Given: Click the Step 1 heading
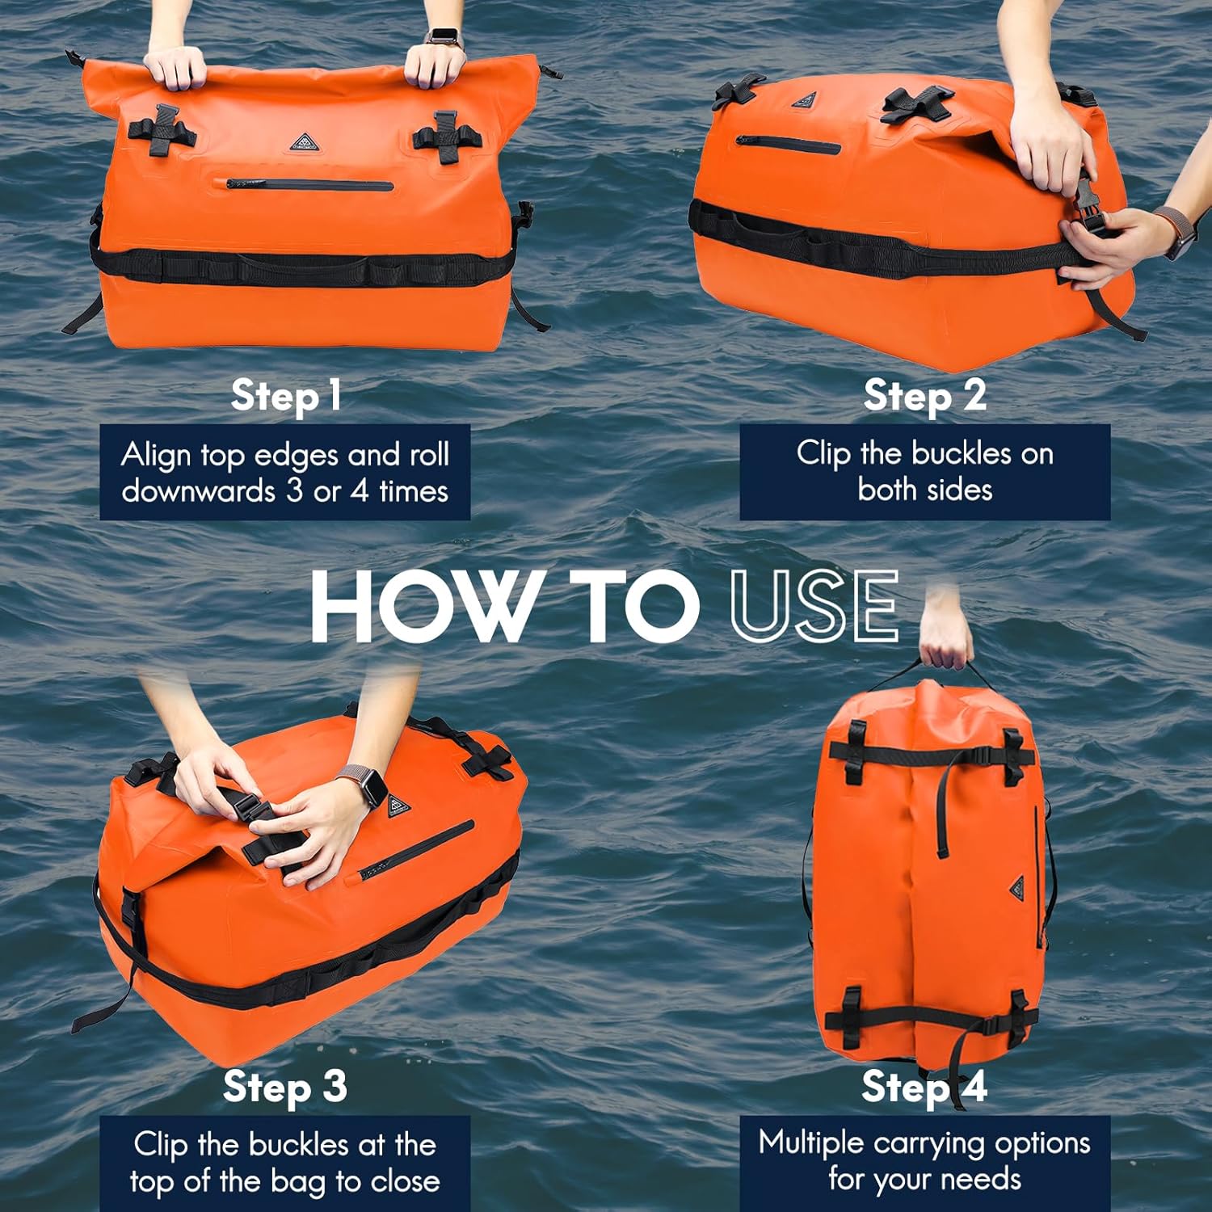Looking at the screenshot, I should tap(286, 396).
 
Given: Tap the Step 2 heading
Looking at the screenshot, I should tap(924, 396).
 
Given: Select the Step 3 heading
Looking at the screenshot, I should tap(285, 1087).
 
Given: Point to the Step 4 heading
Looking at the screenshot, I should tap(924, 1087).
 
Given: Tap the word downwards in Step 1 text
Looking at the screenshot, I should tap(198, 491).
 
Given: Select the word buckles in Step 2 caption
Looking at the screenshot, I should tap(961, 453).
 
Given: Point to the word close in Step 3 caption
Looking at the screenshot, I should tap(404, 1181).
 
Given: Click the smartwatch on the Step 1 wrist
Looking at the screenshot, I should tap(443, 36).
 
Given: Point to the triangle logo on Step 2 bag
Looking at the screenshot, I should tap(804, 101).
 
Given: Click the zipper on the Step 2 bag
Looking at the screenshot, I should tap(788, 145).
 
